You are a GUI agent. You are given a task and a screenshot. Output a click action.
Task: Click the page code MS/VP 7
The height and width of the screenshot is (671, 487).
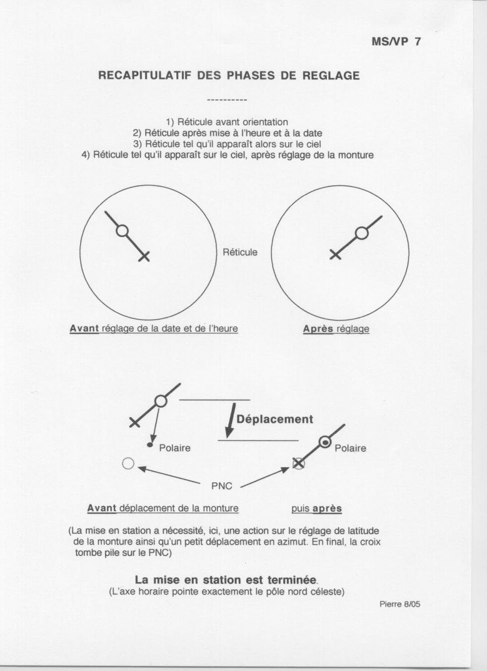click(x=396, y=42)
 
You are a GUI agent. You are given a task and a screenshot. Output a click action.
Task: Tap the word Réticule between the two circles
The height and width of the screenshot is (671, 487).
click(x=240, y=252)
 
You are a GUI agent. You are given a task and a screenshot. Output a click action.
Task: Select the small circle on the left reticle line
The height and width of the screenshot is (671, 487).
click(x=122, y=231)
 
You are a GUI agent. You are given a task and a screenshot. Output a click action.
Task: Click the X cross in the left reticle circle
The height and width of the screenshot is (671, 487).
click(x=144, y=256)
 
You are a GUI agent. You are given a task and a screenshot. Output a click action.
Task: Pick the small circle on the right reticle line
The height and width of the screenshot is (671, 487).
click(x=362, y=233)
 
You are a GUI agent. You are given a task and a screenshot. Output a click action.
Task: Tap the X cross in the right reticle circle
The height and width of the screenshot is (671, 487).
click(x=335, y=255)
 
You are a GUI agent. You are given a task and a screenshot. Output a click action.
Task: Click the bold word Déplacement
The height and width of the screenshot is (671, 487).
click(x=275, y=419)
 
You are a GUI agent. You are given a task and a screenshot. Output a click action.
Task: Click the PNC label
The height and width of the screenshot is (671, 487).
click(x=221, y=486)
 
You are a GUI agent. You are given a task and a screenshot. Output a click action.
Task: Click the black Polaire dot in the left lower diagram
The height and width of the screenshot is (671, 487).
click(x=150, y=445)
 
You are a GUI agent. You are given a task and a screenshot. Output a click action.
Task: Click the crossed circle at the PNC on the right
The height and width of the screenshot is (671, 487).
click(x=297, y=463)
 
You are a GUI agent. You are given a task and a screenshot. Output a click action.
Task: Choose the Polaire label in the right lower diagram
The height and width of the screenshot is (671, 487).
click(x=350, y=448)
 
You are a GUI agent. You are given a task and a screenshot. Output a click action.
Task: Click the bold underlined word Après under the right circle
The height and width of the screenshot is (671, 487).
click(x=318, y=329)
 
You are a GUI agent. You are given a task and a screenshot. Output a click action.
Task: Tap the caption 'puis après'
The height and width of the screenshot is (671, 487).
click(x=316, y=508)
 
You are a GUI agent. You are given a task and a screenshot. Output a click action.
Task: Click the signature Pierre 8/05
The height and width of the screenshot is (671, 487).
click(x=399, y=604)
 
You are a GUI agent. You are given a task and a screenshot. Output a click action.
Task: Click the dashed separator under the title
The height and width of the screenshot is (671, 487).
click(x=227, y=101)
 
